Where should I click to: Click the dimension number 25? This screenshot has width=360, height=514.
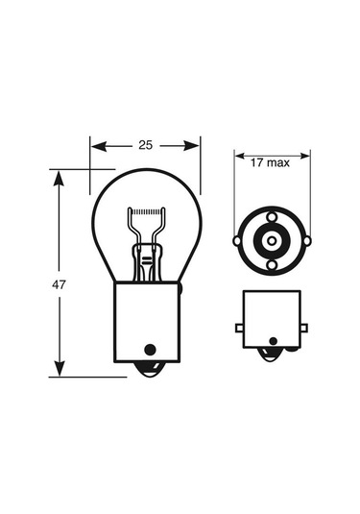click(146, 145)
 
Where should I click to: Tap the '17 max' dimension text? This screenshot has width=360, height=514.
click(270, 163)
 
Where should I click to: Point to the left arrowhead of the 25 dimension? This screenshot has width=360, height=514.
click(95, 145)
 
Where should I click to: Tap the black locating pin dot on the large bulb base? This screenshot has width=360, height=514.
click(148, 349)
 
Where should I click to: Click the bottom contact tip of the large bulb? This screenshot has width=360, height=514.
click(146, 370)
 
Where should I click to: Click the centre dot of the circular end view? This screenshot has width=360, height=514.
click(272, 240)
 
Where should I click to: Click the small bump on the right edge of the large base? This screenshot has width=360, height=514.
click(180, 287)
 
